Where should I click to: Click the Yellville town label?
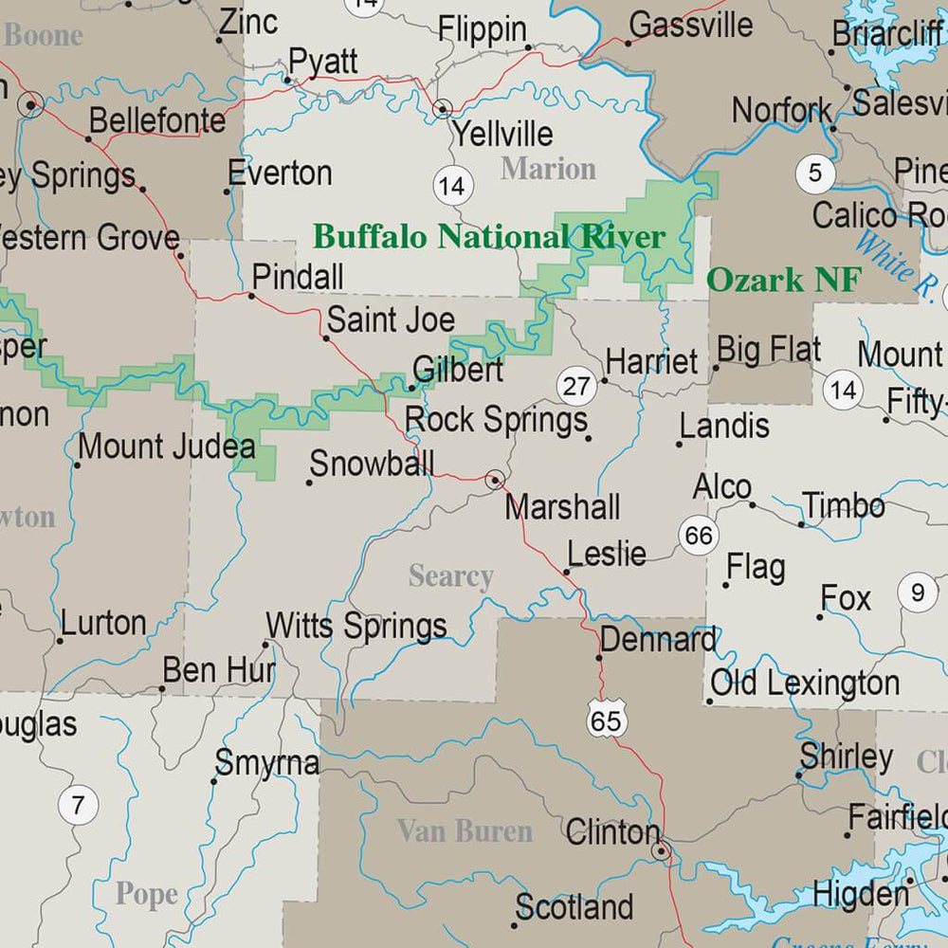coord(502,133)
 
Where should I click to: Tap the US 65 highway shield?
coord(606,720)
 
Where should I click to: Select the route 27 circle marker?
coord(575,386)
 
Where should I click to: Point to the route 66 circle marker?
coord(698,536)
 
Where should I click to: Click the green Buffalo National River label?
coord(489,236)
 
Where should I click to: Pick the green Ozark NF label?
coord(785,280)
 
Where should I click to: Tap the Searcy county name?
coord(451,576)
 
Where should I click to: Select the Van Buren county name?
coord(465,831)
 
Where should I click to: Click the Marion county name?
coord(548,169)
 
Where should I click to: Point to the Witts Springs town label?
coord(356,626)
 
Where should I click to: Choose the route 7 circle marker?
coord(78,807)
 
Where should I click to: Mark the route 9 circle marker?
coord(917,593)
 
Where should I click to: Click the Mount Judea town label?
coord(166,447)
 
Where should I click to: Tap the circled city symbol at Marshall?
coord(494,480)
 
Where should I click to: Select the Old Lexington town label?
coord(805,683)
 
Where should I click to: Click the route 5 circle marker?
coord(815,173)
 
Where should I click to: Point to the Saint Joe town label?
coord(391,319)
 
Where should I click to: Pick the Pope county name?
coord(146,894)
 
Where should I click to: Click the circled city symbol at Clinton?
coord(661,851)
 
